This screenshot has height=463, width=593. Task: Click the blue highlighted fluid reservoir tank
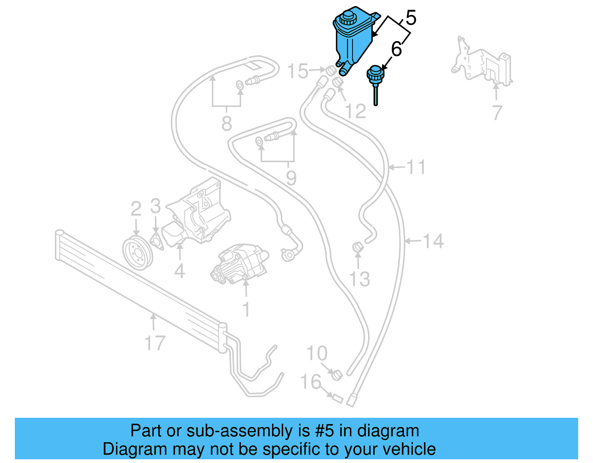[352, 43]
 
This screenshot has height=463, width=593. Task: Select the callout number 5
[411, 18]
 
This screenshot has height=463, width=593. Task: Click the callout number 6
[397, 49]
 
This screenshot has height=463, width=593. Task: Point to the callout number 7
[497, 112]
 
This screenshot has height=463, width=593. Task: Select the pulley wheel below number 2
[137, 252]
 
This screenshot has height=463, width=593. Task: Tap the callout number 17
[155, 343]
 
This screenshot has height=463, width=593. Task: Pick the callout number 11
[416, 167]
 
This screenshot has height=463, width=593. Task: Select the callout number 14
[433, 241]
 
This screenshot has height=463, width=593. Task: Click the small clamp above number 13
[357, 247]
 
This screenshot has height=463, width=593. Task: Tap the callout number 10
[317, 353]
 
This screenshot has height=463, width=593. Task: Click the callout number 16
[311, 382]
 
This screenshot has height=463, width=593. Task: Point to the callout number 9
[291, 178]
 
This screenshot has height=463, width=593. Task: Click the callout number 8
[226, 123]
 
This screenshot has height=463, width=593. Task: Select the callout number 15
[298, 71]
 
